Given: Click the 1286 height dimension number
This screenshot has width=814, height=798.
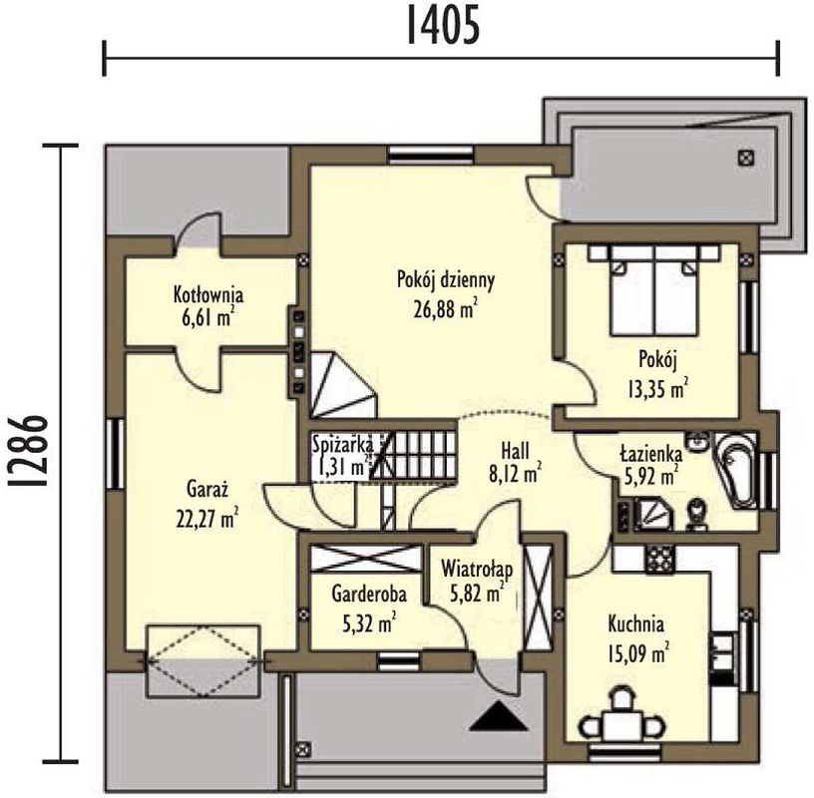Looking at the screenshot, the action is pos(28,452).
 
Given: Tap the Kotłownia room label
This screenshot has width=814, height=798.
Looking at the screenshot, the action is pos(208,294).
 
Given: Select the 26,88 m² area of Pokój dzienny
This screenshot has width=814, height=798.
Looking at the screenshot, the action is pos(446,309).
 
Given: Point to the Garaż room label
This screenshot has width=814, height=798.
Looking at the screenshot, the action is pos(207,489).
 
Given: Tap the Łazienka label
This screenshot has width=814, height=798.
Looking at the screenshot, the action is pos(651,453).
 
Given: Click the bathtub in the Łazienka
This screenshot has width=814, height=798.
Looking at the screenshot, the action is pos(737,469).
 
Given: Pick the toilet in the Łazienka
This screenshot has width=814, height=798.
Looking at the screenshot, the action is pos(696,514).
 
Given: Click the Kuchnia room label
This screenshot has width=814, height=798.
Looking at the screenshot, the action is pos(636,623).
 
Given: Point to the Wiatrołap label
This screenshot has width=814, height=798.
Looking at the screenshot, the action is pos(477,569).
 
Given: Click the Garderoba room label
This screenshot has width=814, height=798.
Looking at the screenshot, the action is pos(369,594).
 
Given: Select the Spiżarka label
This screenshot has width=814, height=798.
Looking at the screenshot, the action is pos(342,445).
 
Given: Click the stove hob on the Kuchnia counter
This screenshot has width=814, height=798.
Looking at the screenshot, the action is pos(659,559).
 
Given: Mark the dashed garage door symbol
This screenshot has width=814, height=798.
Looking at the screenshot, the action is pos(203,661).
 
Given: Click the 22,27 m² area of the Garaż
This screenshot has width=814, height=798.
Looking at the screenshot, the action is pos(207,519).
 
